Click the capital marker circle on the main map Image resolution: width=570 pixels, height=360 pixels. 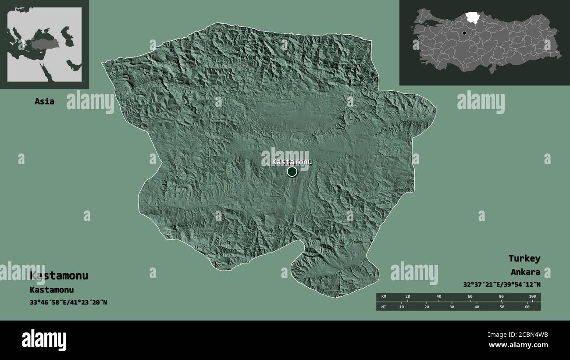pos(292,171)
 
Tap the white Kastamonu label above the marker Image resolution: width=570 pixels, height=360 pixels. pos(292,162)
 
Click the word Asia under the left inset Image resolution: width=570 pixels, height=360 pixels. pos(45,101)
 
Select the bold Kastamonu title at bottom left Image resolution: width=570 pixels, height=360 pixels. pos(59,276)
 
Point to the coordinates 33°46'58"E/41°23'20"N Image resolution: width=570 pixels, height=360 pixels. pos(68,302)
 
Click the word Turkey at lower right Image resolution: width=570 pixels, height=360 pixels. pos(524,258)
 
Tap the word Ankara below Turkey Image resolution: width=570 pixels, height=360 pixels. pos(525,272)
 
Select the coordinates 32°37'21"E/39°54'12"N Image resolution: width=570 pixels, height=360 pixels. pos(502,284)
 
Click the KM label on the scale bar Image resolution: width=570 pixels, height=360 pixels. pos(384,297)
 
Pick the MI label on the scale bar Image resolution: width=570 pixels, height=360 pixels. pos(384,307)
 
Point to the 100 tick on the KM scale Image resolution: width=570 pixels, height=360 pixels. pos(532,297)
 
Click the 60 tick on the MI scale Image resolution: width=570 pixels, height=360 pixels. pos(527,307)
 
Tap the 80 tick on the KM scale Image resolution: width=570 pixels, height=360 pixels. pos(501,297)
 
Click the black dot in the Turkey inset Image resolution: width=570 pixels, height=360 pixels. pos(464,33)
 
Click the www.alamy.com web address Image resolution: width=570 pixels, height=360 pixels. pos(518,345)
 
